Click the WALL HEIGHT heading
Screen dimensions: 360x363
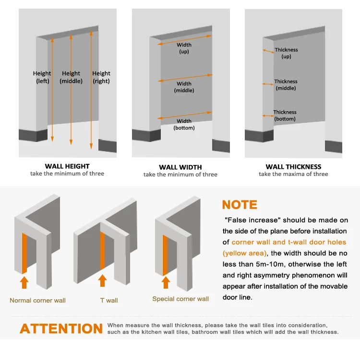click(x=67, y=166)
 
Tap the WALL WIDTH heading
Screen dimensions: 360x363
click(x=180, y=167)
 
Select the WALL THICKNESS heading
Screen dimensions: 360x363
click(x=293, y=167)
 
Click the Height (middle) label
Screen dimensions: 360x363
click(x=71, y=77)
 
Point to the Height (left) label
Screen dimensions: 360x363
click(x=42, y=77)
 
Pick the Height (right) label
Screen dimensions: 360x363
click(x=101, y=77)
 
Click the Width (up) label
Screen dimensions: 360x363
click(x=184, y=48)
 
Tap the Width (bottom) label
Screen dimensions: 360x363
click(x=184, y=124)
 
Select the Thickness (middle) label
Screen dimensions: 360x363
click(x=286, y=85)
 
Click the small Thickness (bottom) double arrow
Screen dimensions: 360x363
click(x=268, y=116)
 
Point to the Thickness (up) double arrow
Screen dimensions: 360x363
click(x=268, y=51)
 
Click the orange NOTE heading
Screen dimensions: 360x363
click(x=240, y=205)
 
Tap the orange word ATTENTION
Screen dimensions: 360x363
click(x=61, y=328)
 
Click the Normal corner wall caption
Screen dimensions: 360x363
click(x=37, y=300)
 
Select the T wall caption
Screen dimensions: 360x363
click(x=109, y=300)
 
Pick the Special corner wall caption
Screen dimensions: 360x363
click(x=180, y=299)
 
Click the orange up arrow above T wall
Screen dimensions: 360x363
click(x=102, y=281)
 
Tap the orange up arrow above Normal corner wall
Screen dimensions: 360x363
click(x=24, y=282)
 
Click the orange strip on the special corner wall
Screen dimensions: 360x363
click(x=165, y=255)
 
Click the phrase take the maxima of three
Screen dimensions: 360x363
click(x=293, y=174)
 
